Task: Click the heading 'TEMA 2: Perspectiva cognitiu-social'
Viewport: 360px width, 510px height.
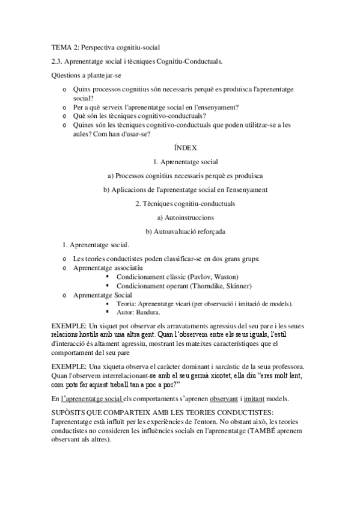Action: point(105,46)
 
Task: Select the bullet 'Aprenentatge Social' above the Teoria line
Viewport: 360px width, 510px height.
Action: point(102,295)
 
